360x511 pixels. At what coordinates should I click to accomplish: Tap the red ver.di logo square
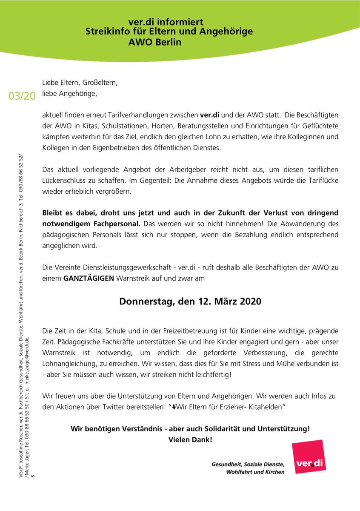click(x=309, y=457)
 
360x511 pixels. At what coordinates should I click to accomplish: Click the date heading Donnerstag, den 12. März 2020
click(x=190, y=301)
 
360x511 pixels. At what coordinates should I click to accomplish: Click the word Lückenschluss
click(x=68, y=181)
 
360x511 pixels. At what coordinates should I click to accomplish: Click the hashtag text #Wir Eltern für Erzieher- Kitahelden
click(x=228, y=407)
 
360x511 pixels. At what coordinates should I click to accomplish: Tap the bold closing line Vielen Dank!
click(x=190, y=439)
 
